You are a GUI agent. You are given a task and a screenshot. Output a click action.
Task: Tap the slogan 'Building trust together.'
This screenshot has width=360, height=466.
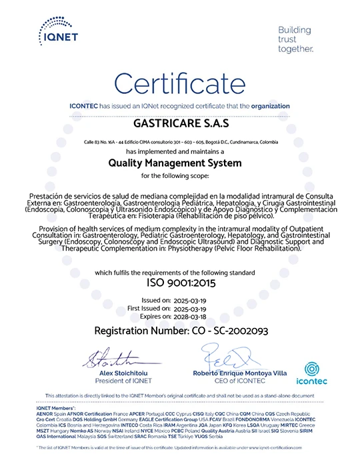click(295, 39)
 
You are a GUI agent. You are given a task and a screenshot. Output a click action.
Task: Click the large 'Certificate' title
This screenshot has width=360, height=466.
click(179, 84)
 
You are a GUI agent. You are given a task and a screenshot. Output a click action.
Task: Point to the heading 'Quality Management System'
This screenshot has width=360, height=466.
click(179, 162)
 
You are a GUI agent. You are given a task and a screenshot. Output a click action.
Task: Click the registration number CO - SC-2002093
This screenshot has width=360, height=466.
click(180, 331)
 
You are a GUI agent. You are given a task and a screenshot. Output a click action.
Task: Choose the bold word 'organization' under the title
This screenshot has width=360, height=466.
click(271, 106)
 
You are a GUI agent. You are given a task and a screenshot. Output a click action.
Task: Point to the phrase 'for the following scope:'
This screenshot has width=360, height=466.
click(180, 175)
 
